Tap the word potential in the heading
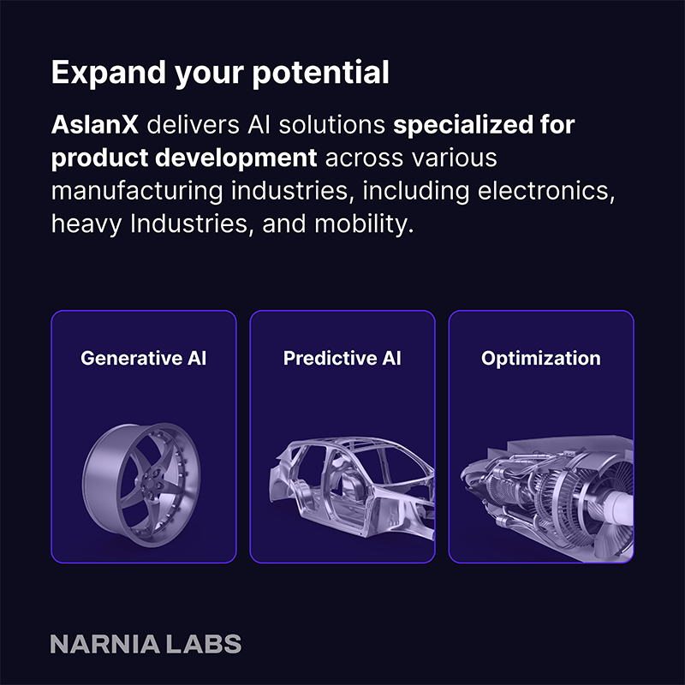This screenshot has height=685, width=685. pyautogui.click(x=320, y=74)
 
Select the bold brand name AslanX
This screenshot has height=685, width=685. pyautogui.click(x=95, y=125)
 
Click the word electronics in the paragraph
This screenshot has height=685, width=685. pyautogui.click(x=546, y=191)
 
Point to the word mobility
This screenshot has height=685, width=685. pyautogui.click(x=363, y=224)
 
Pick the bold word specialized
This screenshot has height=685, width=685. pyautogui.click(x=463, y=126)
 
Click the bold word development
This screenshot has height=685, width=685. pyautogui.click(x=236, y=158)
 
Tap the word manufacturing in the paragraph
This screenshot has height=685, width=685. pyautogui.click(x=137, y=192)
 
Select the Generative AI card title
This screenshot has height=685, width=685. pyautogui.click(x=143, y=358)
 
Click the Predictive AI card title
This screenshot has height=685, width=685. pyautogui.click(x=342, y=358)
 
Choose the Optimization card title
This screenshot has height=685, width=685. pyautogui.click(x=541, y=359)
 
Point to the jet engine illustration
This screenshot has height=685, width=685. pyautogui.click(x=547, y=498)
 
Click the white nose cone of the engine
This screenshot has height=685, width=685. pyautogui.click(x=616, y=508)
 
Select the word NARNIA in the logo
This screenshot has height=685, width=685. pyautogui.click(x=104, y=644)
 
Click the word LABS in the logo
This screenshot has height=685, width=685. pyautogui.click(x=203, y=644)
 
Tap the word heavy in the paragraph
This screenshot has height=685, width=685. pyautogui.click(x=86, y=224)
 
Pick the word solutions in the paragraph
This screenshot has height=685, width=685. pyautogui.click(x=332, y=125)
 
